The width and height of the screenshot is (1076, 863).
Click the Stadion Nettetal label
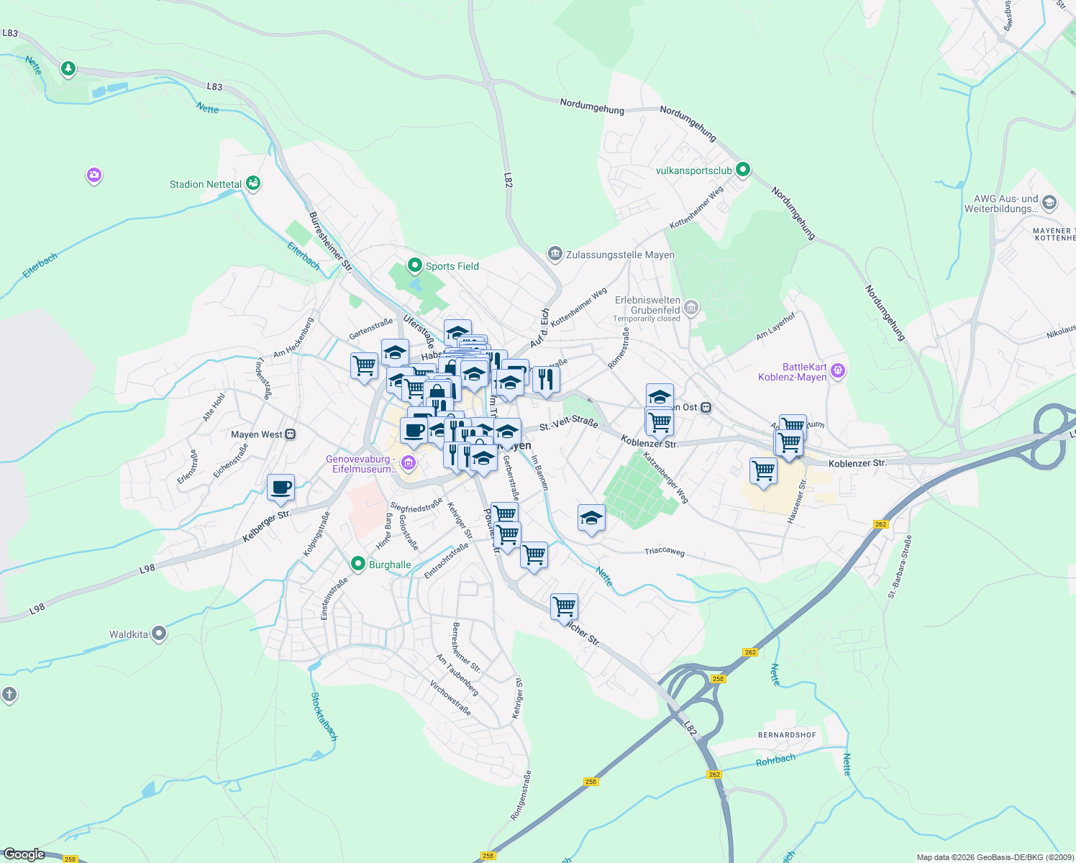click(206, 184)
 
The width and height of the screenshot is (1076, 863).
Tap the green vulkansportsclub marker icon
click(743, 170)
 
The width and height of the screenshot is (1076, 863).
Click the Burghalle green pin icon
click(358, 564)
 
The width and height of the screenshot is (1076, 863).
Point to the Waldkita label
click(129, 634)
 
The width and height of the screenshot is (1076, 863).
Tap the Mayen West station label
click(257, 434)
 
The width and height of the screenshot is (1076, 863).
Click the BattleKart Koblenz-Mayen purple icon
click(837, 372)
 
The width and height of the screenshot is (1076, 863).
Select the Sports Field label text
click(452, 266)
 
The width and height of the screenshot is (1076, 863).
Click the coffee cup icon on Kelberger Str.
click(281, 488)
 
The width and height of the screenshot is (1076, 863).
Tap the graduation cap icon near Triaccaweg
click(591, 518)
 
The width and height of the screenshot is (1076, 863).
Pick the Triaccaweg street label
click(665, 552)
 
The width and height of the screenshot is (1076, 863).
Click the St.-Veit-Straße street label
click(568, 425)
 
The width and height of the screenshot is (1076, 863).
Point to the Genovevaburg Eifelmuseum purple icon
click(409, 463)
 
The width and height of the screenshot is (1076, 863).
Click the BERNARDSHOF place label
click(787, 735)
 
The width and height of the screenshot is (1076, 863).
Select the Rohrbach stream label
click(775, 760)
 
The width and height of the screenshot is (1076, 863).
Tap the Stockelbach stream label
click(324, 716)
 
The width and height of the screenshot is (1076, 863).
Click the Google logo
click(24, 854)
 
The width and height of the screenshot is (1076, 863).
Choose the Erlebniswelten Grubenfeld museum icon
click(691, 309)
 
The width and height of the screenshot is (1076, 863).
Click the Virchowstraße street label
click(450, 698)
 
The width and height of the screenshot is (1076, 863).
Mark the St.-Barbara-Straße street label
click(900, 566)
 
